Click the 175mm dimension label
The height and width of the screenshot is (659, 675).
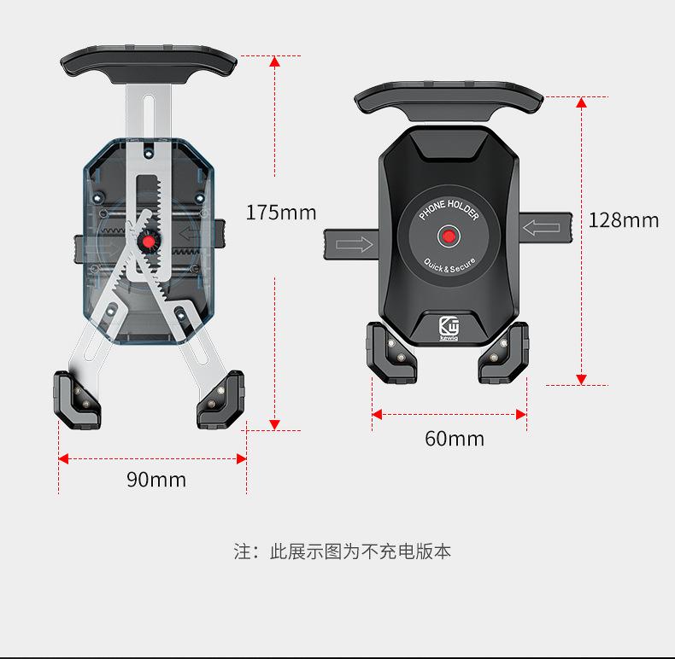pos(280,213)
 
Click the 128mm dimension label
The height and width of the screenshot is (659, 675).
pos(624,220)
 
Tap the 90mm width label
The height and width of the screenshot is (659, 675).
pos(156,480)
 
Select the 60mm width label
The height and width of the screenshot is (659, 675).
pos(454,439)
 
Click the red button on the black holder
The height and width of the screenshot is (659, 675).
pos(449,236)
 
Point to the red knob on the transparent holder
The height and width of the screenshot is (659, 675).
pos(150,242)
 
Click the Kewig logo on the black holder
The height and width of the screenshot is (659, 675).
pos(449,328)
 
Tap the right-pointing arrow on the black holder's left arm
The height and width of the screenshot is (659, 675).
pos(355,245)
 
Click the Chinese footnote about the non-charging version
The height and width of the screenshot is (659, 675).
pos(343,551)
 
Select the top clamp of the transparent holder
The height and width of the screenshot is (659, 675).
pos(148,63)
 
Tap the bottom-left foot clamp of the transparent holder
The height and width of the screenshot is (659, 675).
pos(78,398)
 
